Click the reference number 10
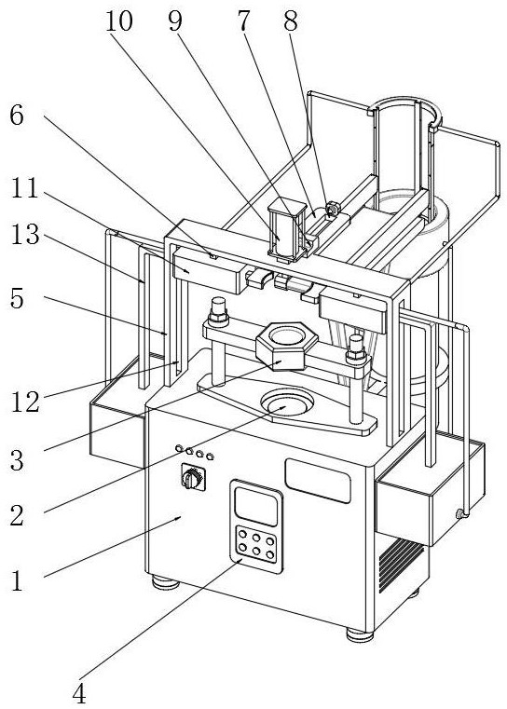(x=119, y=21)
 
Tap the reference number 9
(x=175, y=21)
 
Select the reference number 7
(x=244, y=21)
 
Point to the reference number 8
(x=291, y=21)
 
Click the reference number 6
(x=17, y=116)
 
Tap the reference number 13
(x=25, y=236)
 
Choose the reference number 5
(x=17, y=299)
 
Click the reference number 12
(x=25, y=402)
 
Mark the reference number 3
(x=17, y=461)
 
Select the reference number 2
(x=17, y=516)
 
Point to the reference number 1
(x=17, y=581)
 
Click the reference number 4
(x=79, y=692)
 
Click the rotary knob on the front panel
(x=193, y=478)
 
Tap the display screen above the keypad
(x=256, y=506)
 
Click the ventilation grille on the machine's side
(x=401, y=564)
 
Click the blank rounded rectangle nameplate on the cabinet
(x=318, y=481)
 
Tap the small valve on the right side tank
(x=460, y=513)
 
